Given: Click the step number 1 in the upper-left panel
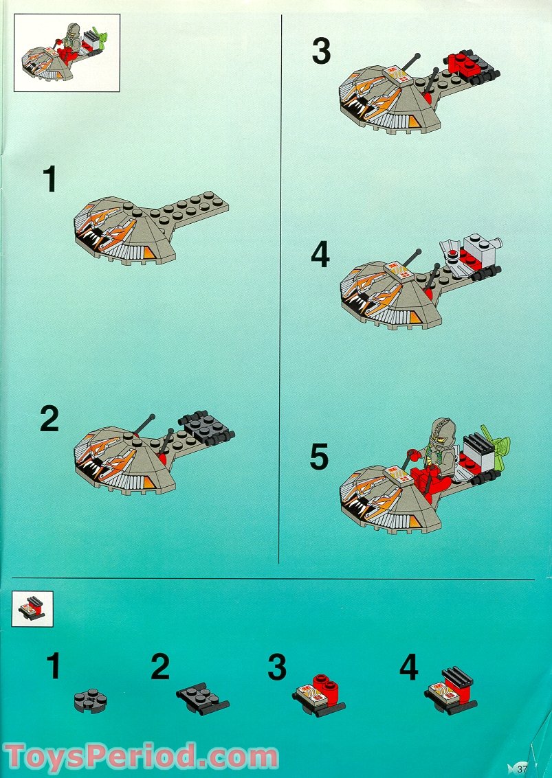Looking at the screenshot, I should pos(49,180).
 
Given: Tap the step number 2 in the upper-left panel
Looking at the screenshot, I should pos(49,420).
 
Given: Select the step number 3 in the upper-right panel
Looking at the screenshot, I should pos(321,52).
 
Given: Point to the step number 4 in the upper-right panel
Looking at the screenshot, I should pos(320,255).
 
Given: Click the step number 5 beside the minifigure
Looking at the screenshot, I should pos(319,458).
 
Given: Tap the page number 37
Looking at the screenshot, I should pos(522,768).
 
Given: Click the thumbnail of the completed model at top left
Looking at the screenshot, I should pos(67,52).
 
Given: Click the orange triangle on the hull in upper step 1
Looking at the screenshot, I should pos(149,254).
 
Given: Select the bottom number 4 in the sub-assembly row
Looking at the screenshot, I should pos(409,667).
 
